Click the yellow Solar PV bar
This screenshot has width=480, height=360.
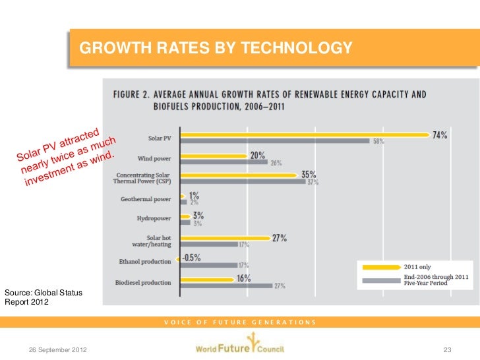[303, 135]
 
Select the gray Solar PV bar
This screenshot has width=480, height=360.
[275, 141]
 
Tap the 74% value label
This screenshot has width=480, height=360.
[440, 135]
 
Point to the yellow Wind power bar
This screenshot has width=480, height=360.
[213, 156]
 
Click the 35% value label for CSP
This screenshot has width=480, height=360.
[309, 175]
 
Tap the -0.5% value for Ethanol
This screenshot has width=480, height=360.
[191, 258]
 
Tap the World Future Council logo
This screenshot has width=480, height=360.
[239, 347]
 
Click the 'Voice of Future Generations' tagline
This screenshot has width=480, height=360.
[240, 322]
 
